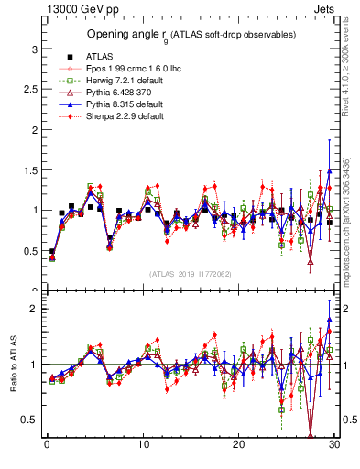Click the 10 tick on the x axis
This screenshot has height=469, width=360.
click(142, 444)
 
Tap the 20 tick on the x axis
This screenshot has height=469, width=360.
click(238, 444)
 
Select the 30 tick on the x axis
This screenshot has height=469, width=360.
click(334, 444)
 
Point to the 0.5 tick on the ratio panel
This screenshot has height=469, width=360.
click(29, 420)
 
